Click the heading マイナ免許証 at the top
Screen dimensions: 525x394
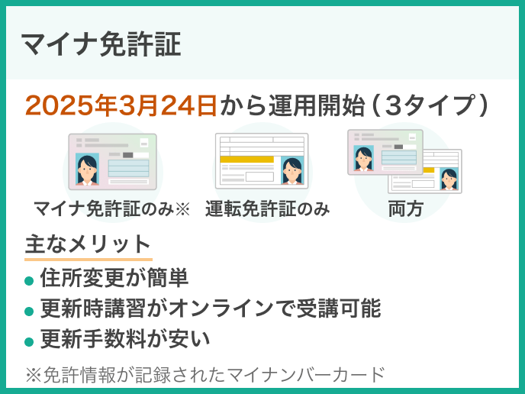pyautogui.click(x=101, y=45)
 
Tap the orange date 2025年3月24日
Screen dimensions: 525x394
pyautogui.click(x=121, y=105)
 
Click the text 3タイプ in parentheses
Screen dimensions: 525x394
pyautogui.click(x=432, y=105)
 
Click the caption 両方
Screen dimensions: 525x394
pyautogui.click(x=405, y=208)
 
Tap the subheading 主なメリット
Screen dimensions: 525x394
pyautogui.click(x=88, y=244)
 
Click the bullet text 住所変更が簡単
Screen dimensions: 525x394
pyautogui.click(x=114, y=277)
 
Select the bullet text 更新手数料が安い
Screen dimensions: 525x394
pyautogui.click(x=125, y=338)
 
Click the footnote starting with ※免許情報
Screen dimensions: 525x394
pyautogui.click(x=205, y=375)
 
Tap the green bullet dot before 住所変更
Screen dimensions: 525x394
pyautogui.click(x=29, y=280)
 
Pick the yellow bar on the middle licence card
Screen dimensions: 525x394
pyautogui.click(x=246, y=160)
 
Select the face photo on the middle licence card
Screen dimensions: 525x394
pyautogui.click(x=291, y=170)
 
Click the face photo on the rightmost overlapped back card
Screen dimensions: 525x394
pyautogui.click(x=449, y=179)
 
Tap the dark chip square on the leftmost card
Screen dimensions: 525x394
pyautogui.click(x=127, y=155)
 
